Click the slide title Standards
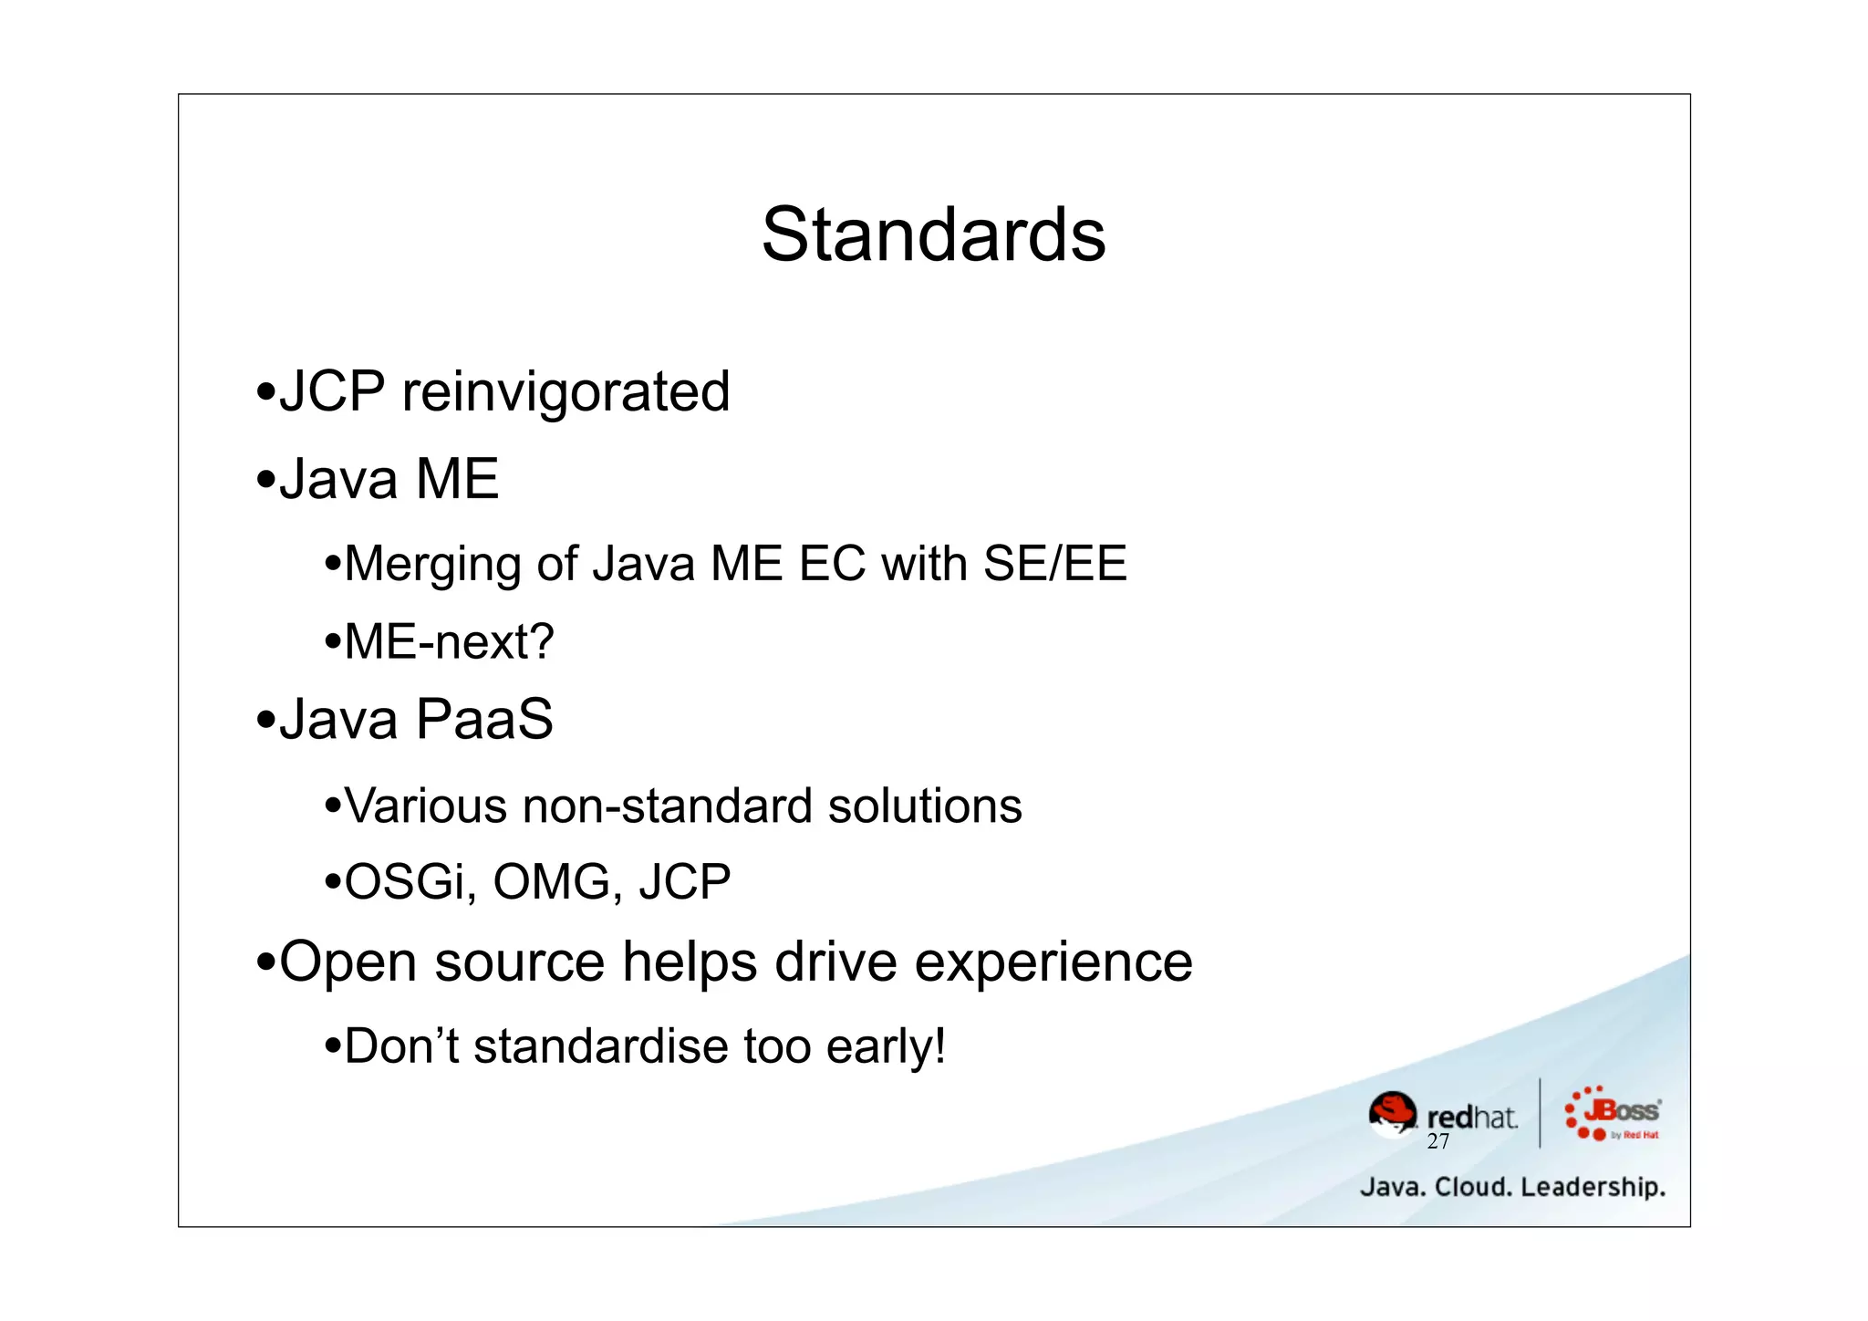point(933,235)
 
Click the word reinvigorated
point(566,392)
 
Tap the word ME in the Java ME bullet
point(457,479)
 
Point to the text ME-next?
point(449,641)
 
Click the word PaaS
point(484,720)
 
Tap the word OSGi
point(410,882)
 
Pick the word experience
point(1053,962)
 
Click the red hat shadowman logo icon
point(1393,1114)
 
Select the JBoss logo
point(1613,1114)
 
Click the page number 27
point(1438,1141)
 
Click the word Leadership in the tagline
point(1593,1187)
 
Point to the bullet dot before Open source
point(265,962)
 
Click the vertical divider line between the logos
point(1540,1113)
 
